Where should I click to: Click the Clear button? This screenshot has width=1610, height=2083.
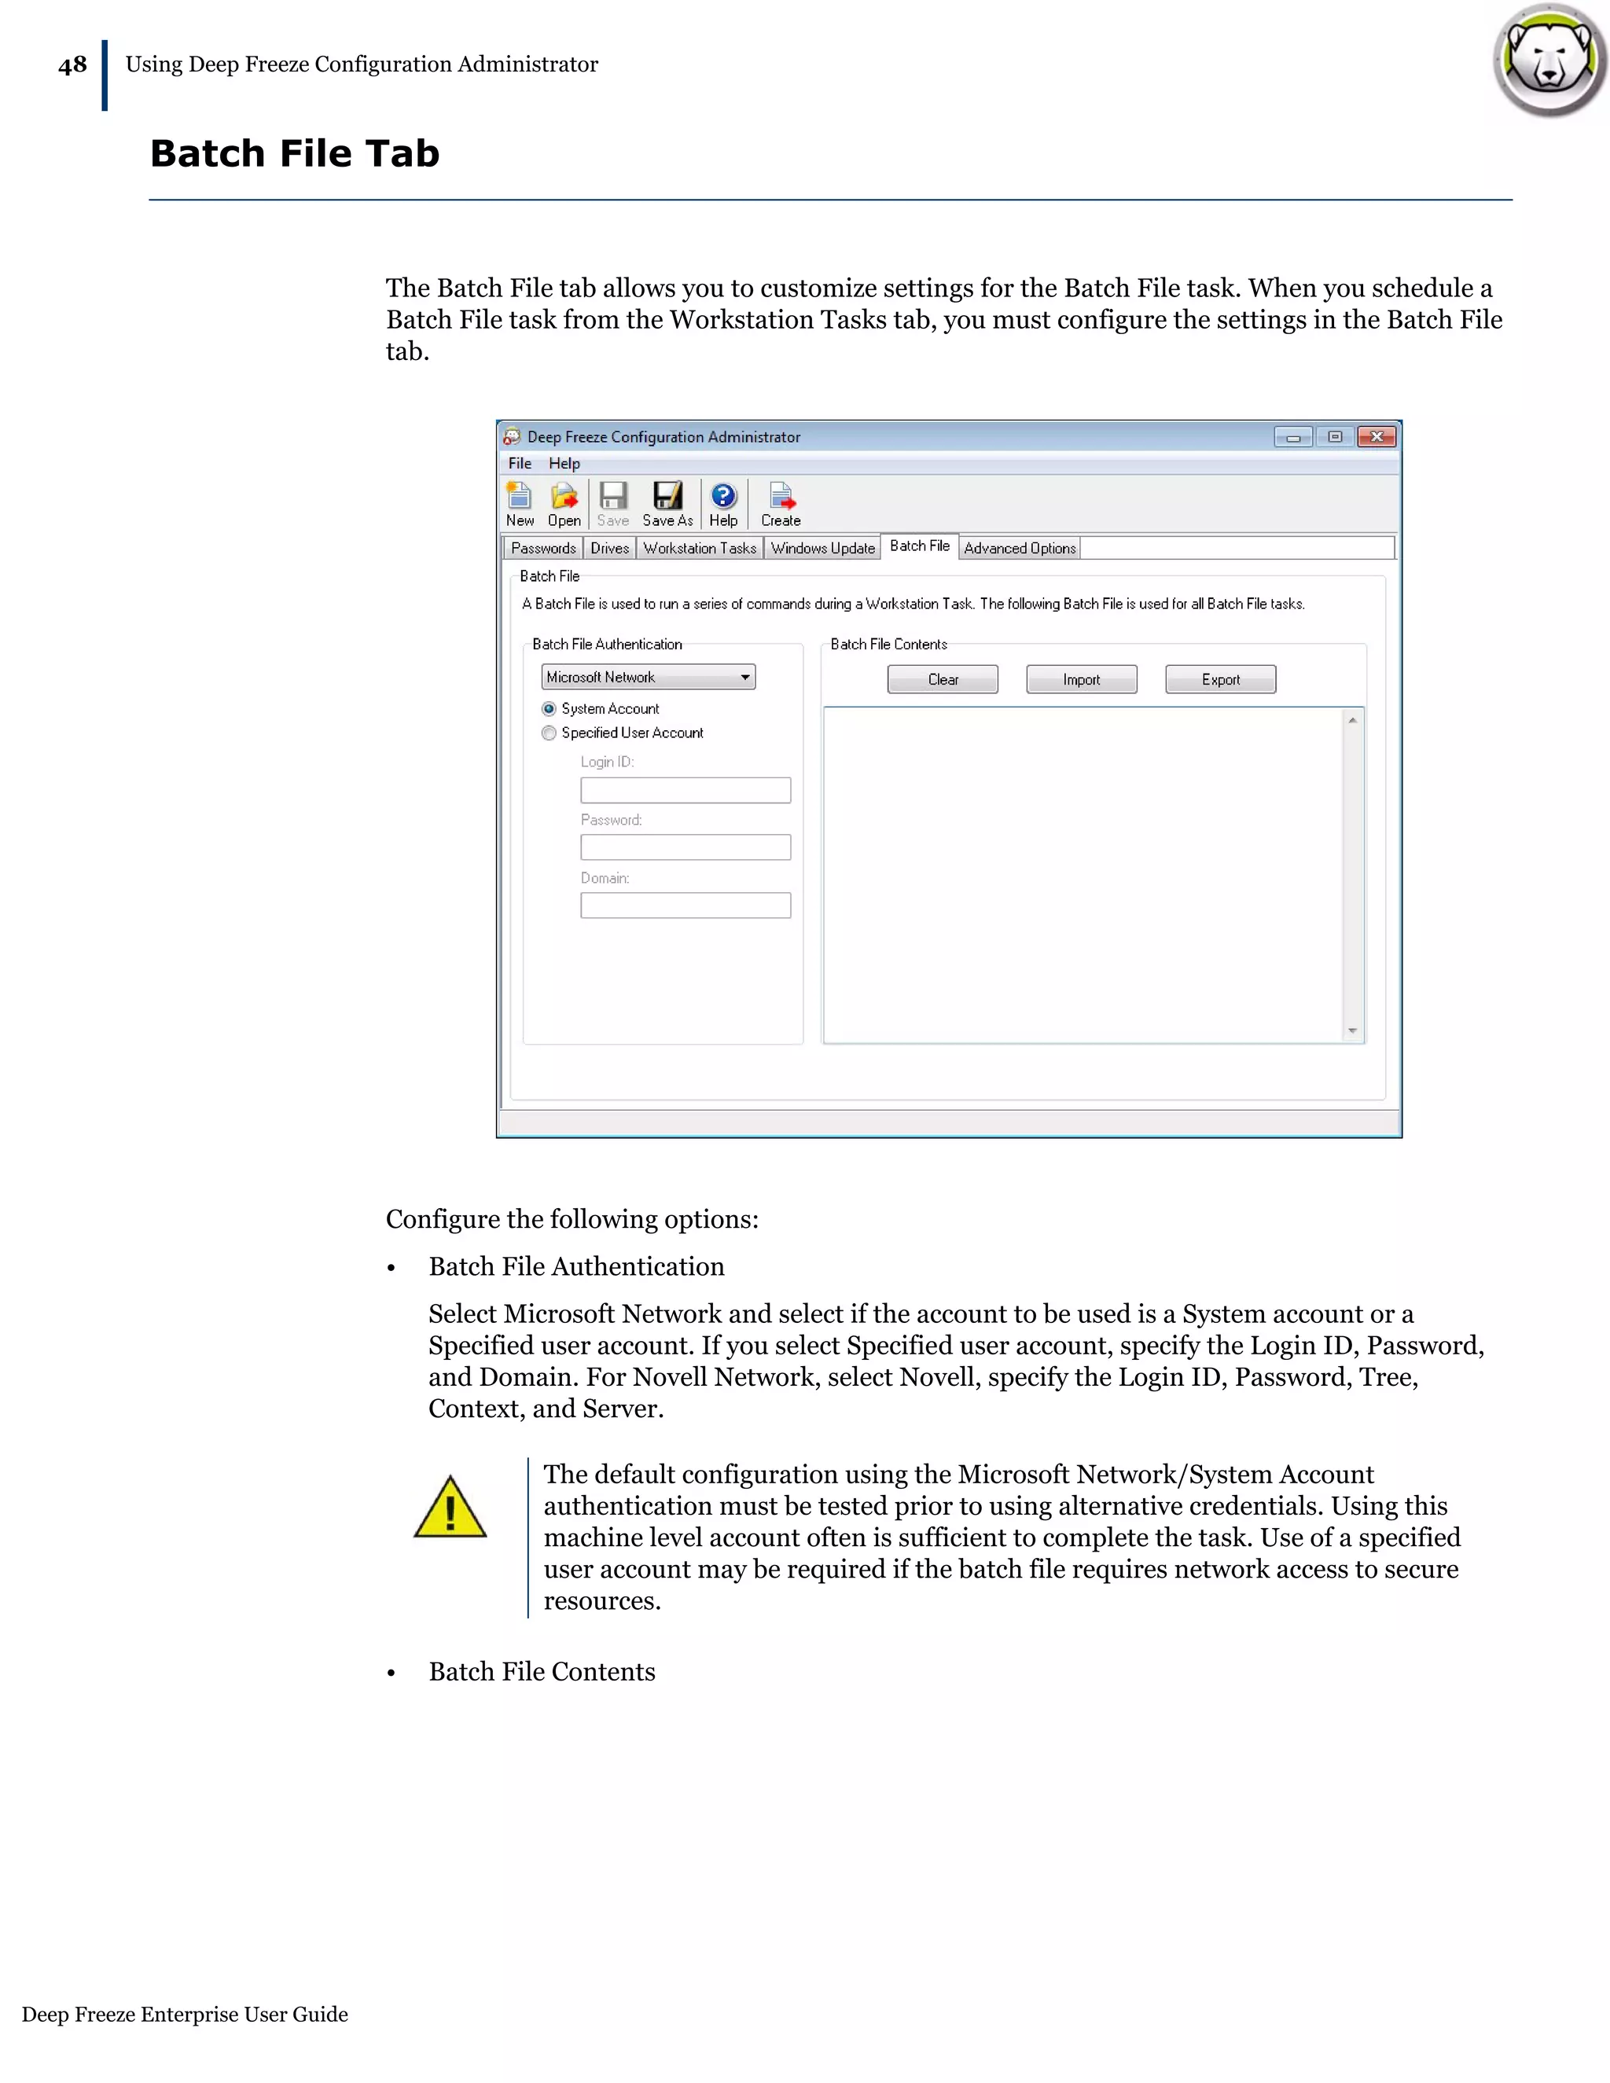943,679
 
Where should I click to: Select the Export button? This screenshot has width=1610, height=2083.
1220,679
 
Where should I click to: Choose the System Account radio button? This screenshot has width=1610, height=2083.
550,709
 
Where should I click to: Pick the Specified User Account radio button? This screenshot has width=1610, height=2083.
550,733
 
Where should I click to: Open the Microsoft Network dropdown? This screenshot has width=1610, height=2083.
649,677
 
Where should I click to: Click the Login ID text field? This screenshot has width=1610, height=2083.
685,790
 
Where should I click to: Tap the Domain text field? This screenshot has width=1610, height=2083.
685,905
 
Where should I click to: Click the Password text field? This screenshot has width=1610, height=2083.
685,847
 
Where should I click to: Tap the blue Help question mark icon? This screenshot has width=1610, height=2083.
723,496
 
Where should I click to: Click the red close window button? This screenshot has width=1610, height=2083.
1377,437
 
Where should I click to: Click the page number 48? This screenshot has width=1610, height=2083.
72,65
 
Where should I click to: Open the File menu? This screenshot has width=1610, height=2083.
520,464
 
